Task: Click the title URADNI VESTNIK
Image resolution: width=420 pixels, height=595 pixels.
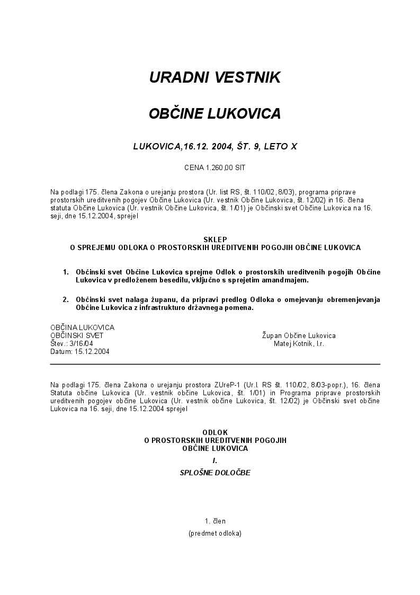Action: [x=215, y=77]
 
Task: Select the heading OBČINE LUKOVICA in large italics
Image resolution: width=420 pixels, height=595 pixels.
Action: [x=215, y=113]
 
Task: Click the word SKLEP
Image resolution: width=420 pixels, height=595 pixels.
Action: [x=215, y=239]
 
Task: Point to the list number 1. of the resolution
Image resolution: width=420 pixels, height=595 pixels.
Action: [x=66, y=272]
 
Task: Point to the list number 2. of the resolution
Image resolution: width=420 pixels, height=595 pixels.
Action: [x=66, y=299]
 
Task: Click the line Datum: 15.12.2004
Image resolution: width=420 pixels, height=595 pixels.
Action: [x=80, y=351]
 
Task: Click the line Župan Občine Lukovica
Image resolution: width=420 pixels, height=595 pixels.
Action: [x=299, y=335]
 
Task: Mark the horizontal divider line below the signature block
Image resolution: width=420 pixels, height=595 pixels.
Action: [x=215, y=365]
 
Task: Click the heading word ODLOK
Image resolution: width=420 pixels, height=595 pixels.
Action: [x=215, y=432]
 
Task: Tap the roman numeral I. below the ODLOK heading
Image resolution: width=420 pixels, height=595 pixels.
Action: [x=215, y=460]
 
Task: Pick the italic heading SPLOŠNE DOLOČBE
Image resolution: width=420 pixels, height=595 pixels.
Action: [x=215, y=473]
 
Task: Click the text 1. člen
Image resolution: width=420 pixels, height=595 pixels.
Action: [x=215, y=521]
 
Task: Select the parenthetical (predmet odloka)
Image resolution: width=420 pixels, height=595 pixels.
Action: [x=215, y=533]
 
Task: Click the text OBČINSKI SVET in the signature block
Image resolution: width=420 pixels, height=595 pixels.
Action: [x=77, y=335]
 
